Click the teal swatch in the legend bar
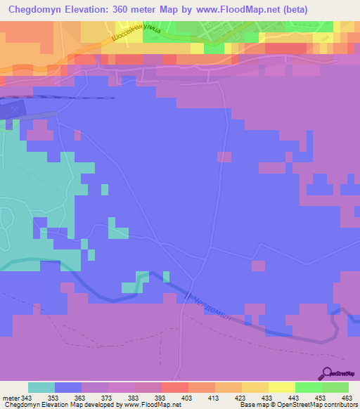tap(41, 387)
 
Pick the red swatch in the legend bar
tap(174, 387)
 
